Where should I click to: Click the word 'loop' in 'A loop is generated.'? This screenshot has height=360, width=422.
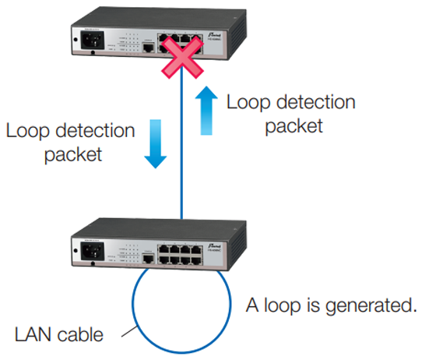coord(279,305)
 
